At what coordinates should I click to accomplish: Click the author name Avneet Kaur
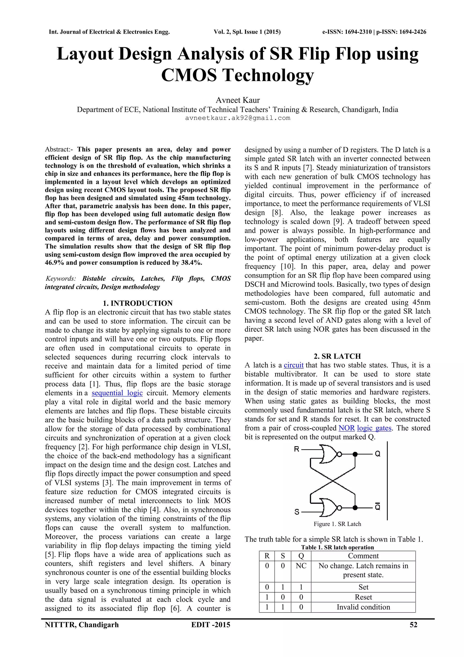[237, 100]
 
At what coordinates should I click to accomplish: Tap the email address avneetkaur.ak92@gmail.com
[237, 118]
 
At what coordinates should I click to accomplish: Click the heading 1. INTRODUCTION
[138, 303]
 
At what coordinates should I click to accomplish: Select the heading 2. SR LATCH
[337, 356]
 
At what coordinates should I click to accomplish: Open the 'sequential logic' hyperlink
[117, 393]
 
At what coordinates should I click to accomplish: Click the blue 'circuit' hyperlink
[293, 365]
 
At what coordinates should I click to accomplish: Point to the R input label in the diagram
[297, 449]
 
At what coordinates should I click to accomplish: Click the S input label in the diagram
[297, 512]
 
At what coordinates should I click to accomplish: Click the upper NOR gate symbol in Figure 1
[329, 454]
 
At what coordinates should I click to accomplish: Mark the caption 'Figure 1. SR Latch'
[337, 524]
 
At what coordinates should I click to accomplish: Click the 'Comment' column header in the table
[363, 556]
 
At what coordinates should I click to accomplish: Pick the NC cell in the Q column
[301, 566]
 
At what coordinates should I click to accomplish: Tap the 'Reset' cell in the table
[363, 597]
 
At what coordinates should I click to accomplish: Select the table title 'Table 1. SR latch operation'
[337, 547]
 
